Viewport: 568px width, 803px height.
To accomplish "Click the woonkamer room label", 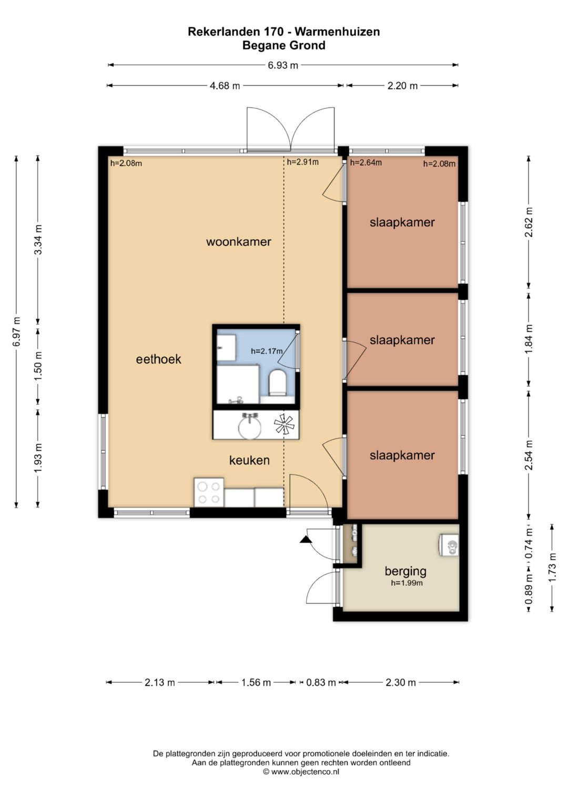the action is [238, 241].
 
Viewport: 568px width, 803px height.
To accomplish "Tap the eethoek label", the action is [158, 359].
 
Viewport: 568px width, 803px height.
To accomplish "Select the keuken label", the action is [249, 460].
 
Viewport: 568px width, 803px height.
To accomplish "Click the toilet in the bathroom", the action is [278, 383].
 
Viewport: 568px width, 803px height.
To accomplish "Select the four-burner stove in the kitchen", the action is [209, 492].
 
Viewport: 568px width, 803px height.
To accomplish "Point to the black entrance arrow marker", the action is [305, 540].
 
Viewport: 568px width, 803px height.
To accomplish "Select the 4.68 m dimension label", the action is [225, 86].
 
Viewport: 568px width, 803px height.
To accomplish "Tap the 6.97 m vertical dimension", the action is [16, 332].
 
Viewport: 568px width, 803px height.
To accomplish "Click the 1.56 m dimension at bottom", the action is [256, 682].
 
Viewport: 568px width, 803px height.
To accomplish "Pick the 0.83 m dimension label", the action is [321, 682].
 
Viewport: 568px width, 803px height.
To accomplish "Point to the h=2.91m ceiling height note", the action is [302, 162].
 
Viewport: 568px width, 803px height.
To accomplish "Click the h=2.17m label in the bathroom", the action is [267, 351].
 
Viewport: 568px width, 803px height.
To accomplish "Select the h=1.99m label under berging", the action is [407, 583].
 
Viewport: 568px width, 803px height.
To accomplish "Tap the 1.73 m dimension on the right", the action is [552, 567].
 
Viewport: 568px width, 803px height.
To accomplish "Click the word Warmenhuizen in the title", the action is [337, 32].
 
